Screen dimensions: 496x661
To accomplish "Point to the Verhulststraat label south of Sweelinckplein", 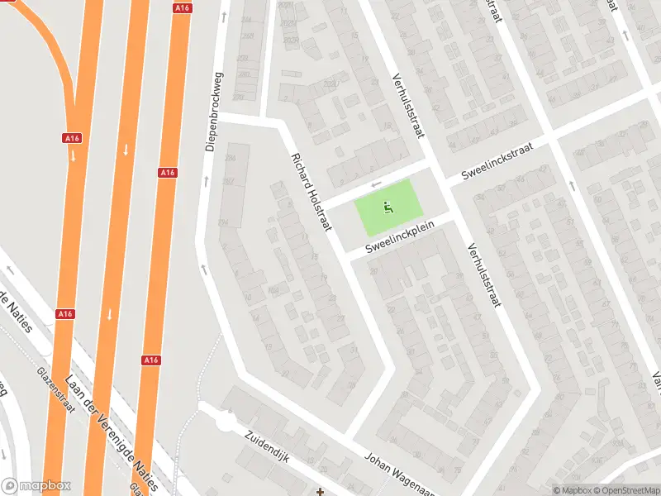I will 484,275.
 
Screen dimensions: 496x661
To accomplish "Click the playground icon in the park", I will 387,207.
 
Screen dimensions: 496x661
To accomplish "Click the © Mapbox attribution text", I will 572,490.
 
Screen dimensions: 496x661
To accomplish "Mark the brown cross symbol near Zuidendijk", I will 321,492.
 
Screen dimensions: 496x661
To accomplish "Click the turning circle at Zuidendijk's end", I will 224,422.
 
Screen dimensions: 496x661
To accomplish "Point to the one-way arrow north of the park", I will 377,184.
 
